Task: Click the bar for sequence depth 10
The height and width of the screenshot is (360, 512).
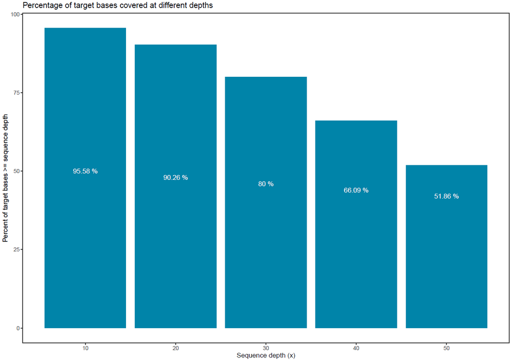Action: coord(85,178)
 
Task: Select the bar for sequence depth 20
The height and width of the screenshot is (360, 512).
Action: coord(176,186)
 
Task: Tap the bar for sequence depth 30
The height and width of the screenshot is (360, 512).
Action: coord(266,203)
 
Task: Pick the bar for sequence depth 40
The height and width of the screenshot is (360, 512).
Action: coord(356,224)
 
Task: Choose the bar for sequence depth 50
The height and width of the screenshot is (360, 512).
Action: coord(446,247)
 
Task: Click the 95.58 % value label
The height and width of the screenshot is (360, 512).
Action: coord(85,171)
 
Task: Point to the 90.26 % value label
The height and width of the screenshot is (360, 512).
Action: coord(176,177)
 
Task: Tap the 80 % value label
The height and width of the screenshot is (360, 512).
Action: coord(266,184)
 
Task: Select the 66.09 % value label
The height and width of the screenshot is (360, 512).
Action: coord(356,190)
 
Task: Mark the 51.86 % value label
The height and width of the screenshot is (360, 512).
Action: coord(446,196)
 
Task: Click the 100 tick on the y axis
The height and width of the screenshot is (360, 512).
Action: coord(15,14)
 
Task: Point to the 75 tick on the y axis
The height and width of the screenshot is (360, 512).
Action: coord(17,93)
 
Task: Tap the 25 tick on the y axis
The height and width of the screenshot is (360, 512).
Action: coord(17,249)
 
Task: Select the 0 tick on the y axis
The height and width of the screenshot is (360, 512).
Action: coord(18,328)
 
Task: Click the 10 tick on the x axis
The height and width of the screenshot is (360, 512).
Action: coord(85,348)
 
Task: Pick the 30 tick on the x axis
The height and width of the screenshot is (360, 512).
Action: coord(266,348)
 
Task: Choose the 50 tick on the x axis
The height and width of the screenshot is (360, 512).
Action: coord(446,348)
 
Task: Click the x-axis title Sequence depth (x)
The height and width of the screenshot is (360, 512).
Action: coord(266,355)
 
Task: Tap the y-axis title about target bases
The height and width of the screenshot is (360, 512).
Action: coord(5,178)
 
